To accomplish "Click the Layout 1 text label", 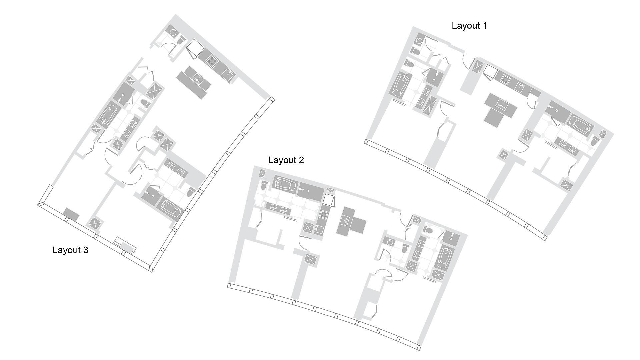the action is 469,26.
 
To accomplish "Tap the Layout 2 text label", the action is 286,160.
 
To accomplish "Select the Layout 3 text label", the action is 70,250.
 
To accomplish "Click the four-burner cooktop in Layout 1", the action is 505,80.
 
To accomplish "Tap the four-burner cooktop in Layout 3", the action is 212,61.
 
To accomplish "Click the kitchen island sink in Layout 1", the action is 501,106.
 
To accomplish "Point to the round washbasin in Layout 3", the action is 173,32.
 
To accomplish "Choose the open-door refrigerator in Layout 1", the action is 490,73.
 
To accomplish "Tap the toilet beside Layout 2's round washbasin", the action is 405,248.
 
